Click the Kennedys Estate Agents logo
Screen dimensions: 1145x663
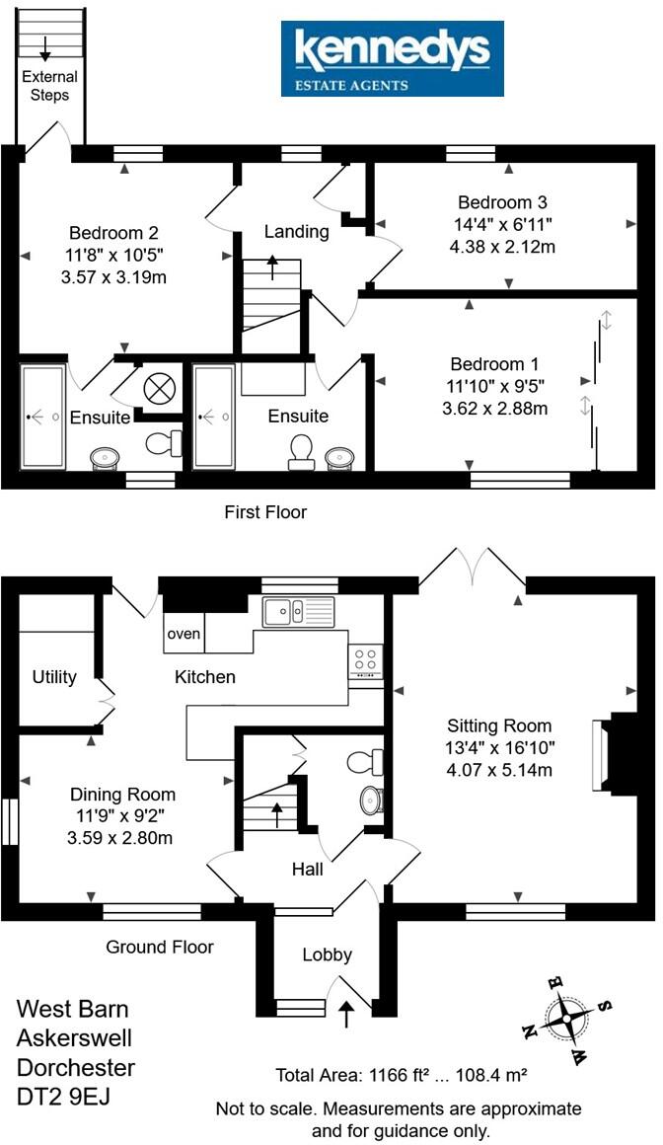click(392, 59)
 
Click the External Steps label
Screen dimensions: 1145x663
click(49, 86)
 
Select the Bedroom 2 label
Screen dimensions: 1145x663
click(113, 234)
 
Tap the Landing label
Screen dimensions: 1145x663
click(296, 232)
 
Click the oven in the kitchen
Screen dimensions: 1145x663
click(184, 634)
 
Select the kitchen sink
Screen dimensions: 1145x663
click(298, 612)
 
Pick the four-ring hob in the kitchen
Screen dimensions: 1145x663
click(366, 660)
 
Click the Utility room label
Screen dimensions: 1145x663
click(54, 677)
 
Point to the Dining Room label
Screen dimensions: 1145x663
click(122, 795)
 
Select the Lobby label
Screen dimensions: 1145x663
click(327, 954)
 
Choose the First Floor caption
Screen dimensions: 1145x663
click(264, 512)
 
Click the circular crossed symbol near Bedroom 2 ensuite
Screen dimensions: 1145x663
click(157, 388)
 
